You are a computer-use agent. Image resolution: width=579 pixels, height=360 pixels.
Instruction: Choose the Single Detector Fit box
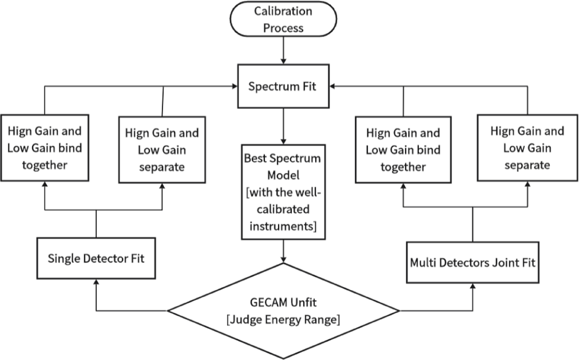[96, 258]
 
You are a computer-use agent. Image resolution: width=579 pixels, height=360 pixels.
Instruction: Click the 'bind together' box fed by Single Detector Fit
[44, 148]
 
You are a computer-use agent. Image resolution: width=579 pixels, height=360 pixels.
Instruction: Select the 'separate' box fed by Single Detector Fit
[162, 149]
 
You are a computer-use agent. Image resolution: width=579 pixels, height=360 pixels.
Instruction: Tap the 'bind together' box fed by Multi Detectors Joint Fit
[403, 150]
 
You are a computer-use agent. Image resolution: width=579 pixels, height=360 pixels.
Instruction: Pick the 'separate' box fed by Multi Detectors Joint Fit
[527, 148]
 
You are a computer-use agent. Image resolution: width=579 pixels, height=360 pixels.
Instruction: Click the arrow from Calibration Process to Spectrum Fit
[283, 51]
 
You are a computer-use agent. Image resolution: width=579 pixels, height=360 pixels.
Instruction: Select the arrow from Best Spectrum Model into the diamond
[283, 250]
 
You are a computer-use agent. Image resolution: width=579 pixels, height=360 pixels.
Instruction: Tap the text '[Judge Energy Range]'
[283, 319]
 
